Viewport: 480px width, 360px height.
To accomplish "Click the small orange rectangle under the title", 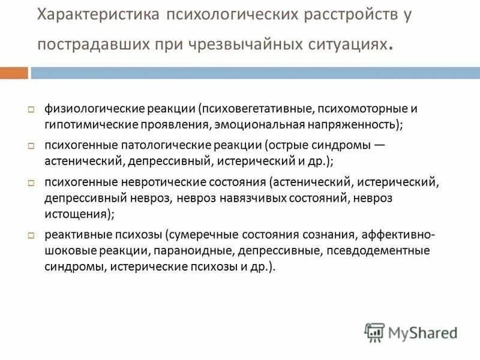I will click(14, 73).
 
